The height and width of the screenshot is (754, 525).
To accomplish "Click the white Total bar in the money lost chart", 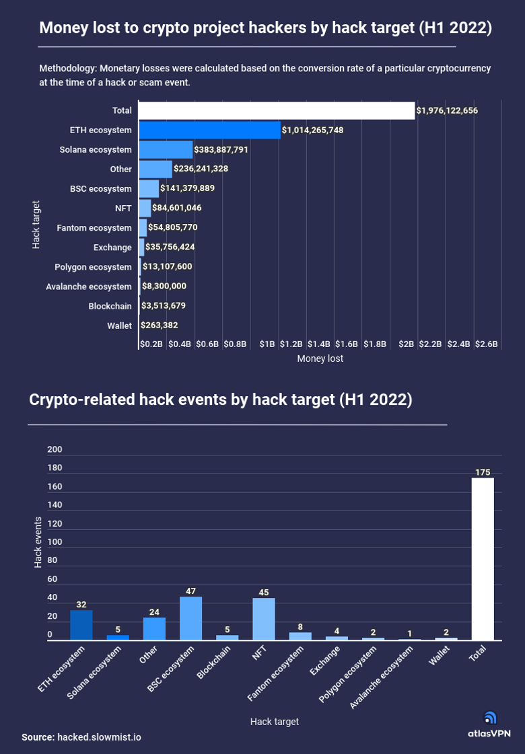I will (276, 110).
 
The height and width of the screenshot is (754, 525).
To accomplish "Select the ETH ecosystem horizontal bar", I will (209, 130).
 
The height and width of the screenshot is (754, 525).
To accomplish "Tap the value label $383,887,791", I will (221, 149).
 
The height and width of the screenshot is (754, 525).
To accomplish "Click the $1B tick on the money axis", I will (267, 344).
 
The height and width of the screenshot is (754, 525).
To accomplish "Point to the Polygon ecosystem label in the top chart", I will (93, 267).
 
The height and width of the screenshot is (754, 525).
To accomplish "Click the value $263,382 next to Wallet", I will (160, 325).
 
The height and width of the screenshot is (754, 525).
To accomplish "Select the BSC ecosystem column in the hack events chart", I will (190, 618).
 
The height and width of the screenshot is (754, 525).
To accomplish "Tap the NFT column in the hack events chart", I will (264, 619).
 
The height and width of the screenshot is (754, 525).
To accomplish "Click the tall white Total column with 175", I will (483, 559).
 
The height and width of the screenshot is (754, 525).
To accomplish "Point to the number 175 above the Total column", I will (483, 473).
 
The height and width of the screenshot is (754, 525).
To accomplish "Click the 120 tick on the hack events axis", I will (55, 523).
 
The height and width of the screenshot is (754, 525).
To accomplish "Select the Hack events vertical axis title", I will (38, 542).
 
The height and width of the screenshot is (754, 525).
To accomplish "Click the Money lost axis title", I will (320, 359).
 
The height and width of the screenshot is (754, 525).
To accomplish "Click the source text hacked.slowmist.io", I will (99, 737).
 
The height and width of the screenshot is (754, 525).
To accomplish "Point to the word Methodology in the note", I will (67, 69).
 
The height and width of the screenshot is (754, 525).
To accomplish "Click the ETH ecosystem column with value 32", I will (81, 625).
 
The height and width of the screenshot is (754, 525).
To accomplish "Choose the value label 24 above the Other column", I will (154, 612).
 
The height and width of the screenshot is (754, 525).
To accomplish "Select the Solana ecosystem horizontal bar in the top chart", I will (166, 149).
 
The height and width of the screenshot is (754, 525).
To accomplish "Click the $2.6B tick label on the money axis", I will (486, 344).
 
